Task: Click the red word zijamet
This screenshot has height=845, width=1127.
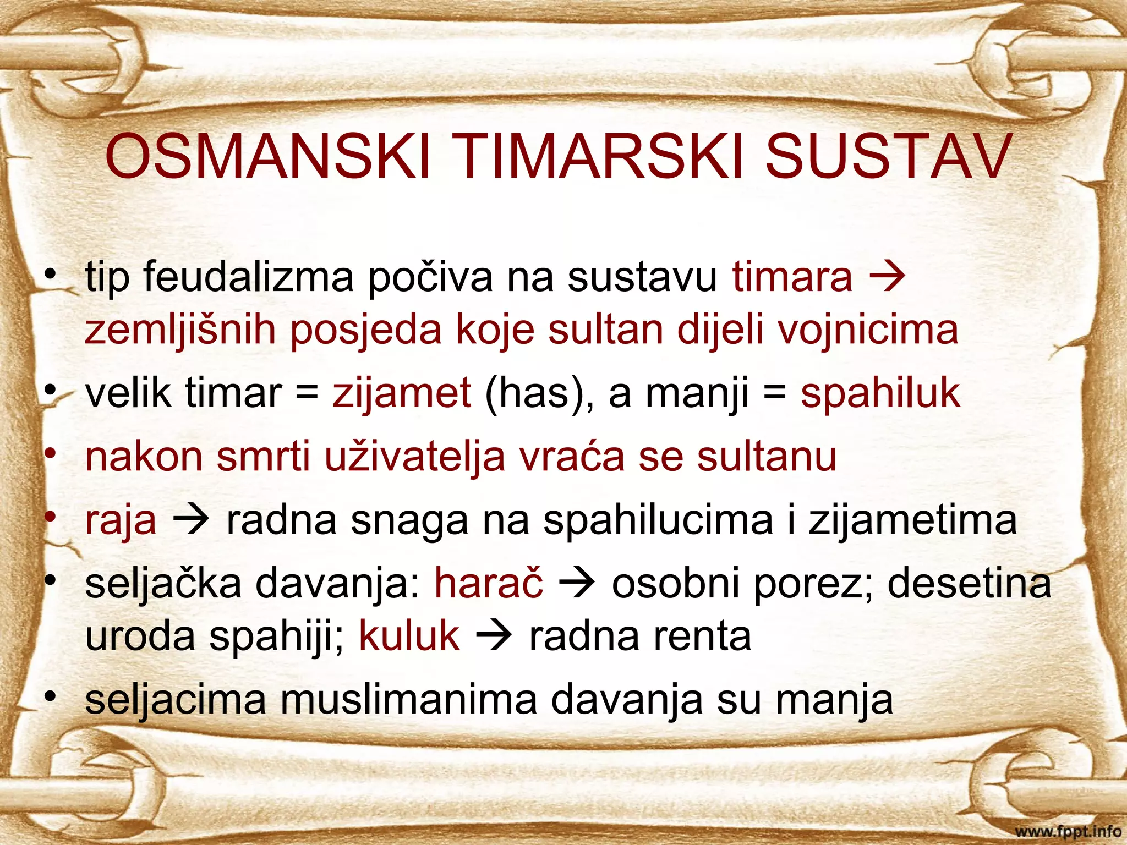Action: click(402, 393)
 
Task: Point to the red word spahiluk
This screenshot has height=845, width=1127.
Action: click(880, 393)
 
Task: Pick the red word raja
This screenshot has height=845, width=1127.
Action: click(121, 520)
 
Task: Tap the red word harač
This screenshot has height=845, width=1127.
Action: click(489, 583)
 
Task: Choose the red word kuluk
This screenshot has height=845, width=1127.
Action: click(409, 636)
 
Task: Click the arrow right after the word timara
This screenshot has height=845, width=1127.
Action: click(887, 277)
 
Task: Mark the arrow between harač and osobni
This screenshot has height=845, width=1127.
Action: click(577, 584)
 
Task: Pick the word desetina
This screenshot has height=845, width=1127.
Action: click(969, 583)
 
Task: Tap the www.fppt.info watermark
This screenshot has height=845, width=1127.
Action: click(1068, 831)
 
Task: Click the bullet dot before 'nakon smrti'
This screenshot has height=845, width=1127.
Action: click(51, 454)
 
